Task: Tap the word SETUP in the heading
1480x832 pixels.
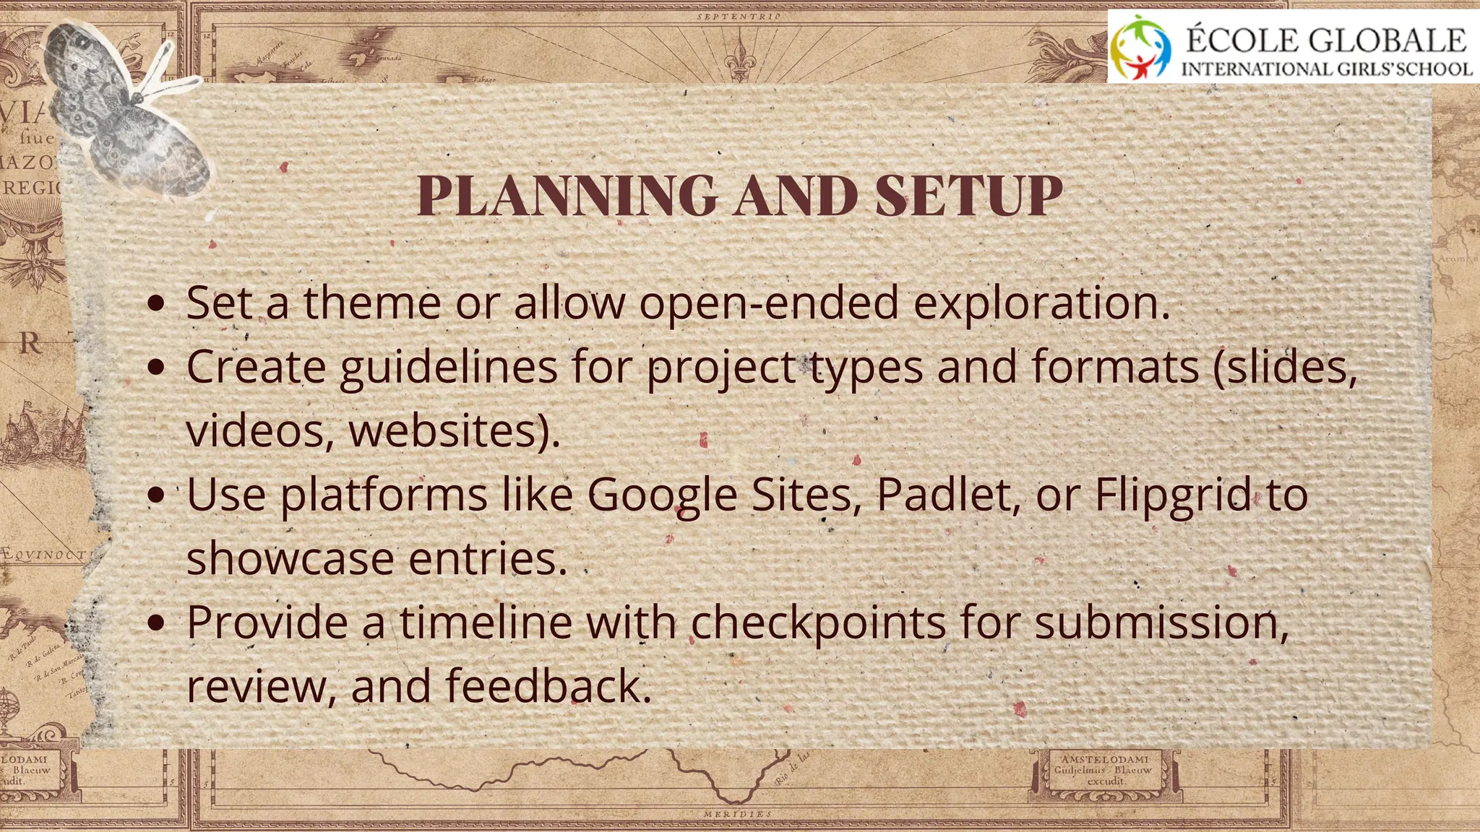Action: point(968,196)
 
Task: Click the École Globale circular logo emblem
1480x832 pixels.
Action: point(1141,47)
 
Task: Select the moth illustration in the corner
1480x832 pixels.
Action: point(130,108)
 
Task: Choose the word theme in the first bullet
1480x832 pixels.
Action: point(372,303)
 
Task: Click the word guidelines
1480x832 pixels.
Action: point(448,368)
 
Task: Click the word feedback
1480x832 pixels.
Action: point(548,685)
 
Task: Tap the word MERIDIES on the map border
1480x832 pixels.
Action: point(737,814)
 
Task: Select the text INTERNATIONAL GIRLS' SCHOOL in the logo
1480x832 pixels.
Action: point(1326,69)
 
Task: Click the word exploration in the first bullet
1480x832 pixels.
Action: point(1041,304)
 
